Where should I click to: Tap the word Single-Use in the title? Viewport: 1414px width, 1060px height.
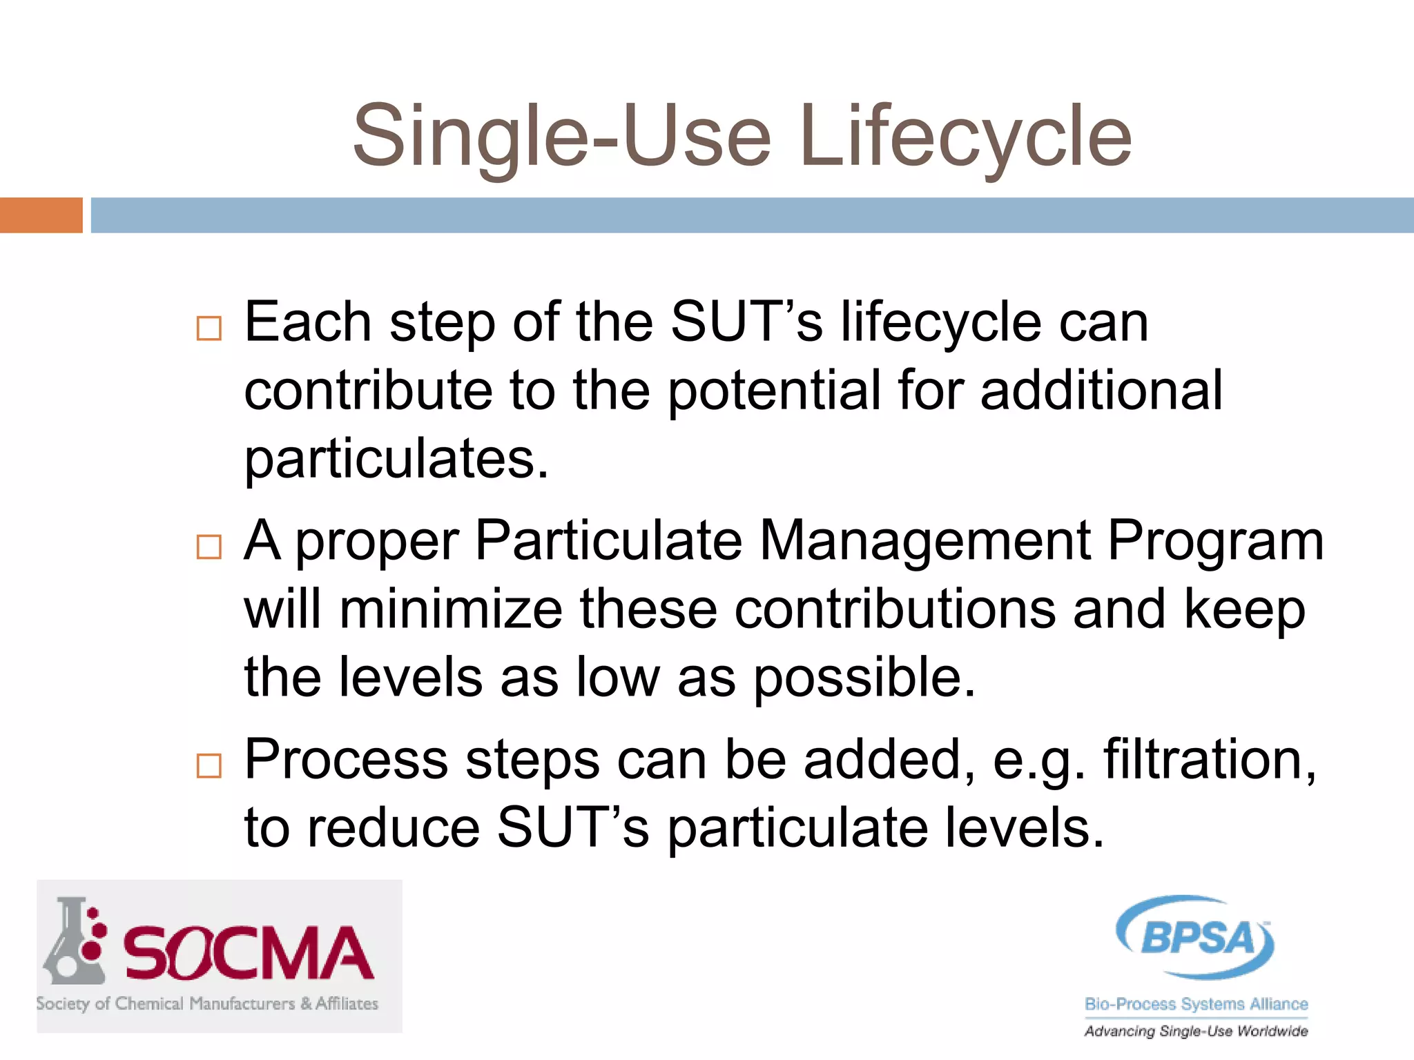(x=561, y=136)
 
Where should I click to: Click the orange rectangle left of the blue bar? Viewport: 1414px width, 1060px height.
(x=41, y=215)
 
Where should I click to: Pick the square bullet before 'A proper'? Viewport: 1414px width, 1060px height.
(x=209, y=547)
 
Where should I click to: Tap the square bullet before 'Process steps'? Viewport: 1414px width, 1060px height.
(x=209, y=765)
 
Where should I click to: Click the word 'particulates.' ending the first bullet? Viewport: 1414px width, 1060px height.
(x=396, y=460)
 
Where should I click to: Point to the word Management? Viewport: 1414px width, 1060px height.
(x=924, y=540)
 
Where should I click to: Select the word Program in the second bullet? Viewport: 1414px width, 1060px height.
(x=1215, y=542)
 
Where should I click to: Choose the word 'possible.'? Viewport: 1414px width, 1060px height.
(x=864, y=679)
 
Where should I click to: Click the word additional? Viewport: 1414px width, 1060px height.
(x=1101, y=390)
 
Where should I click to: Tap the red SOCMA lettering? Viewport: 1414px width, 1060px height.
(x=249, y=954)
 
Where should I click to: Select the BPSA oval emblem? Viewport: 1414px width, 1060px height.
(x=1195, y=937)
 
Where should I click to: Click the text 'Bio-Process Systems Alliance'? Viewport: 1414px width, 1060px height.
(x=1196, y=1003)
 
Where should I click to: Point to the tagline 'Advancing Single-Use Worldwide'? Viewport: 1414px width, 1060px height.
(x=1196, y=1031)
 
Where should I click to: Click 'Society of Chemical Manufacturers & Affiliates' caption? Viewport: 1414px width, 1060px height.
(x=207, y=1003)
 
